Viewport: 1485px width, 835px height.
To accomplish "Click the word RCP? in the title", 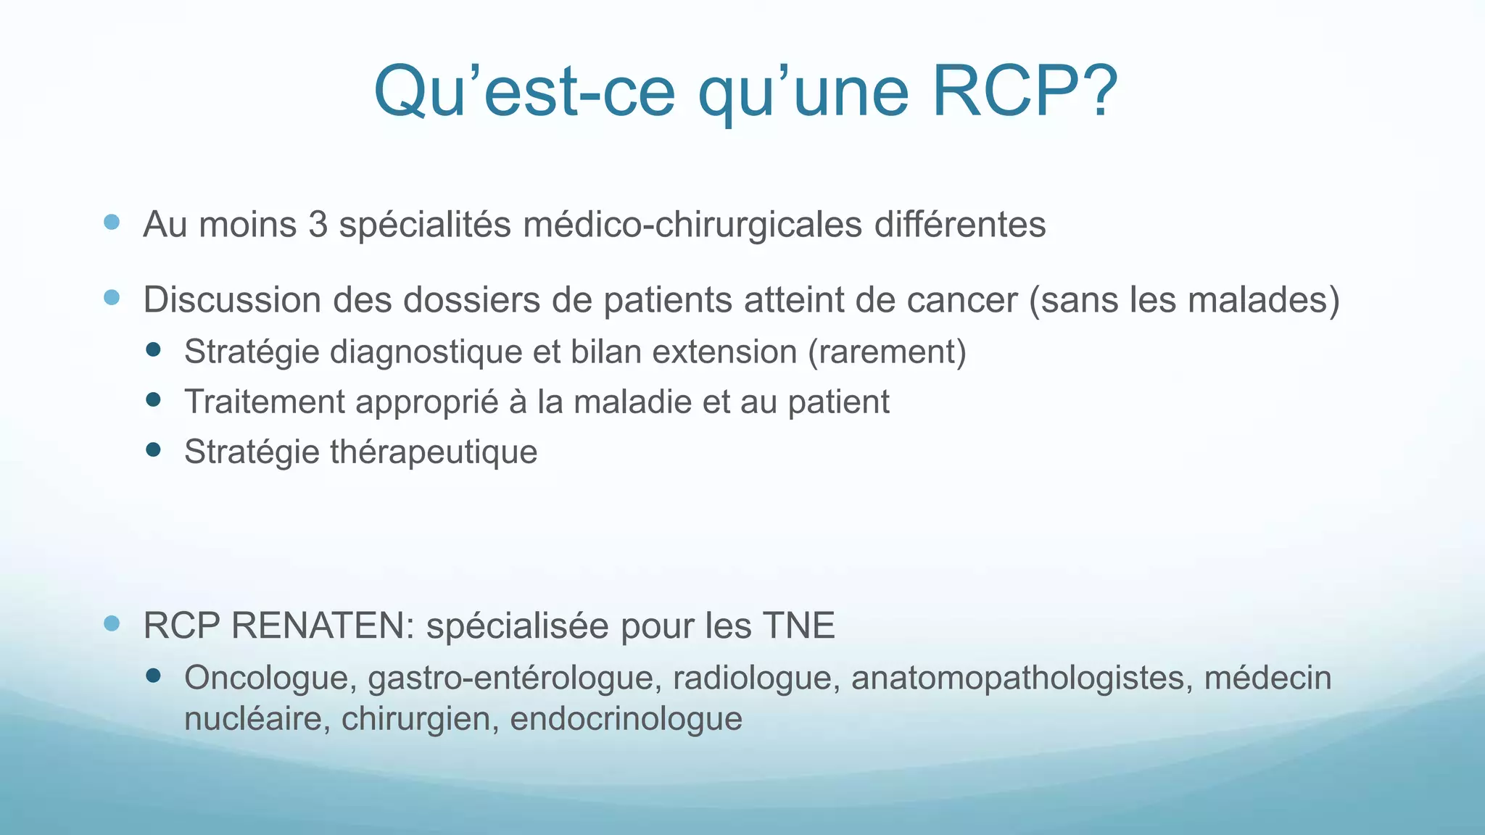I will [1024, 92].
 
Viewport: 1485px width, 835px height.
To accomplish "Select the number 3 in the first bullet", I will [318, 225].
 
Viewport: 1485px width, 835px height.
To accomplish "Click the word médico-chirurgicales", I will [692, 225].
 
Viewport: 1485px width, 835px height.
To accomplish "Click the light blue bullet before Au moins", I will [112, 222].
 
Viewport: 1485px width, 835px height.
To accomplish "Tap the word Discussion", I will [232, 300].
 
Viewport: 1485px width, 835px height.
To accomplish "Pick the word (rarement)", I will [886, 352].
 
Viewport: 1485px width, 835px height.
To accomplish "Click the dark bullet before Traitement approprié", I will [153, 399].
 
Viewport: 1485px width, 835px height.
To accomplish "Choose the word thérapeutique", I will [434, 452].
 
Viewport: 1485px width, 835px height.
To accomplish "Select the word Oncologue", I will [270, 678].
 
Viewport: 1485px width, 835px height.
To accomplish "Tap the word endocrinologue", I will [626, 719].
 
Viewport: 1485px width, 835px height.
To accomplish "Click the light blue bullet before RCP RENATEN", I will [112, 623].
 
